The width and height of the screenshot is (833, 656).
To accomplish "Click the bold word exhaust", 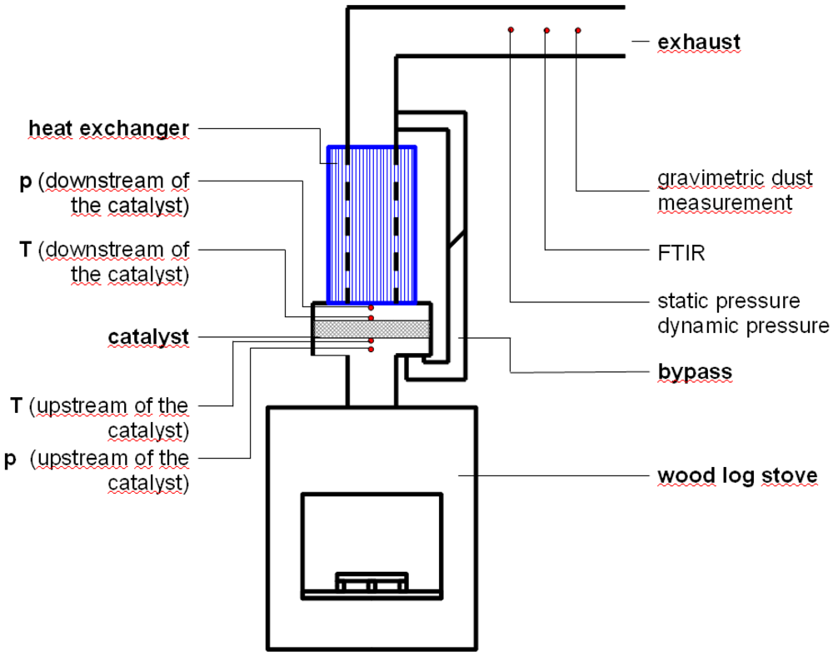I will pyautogui.click(x=698, y=42).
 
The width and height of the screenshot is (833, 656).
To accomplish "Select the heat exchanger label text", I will pyautogui.click(x=108, y=128).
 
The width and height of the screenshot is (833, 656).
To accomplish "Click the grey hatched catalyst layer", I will pyautogui.click(x=372, y=330).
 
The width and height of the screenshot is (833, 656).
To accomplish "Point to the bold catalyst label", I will pyautogui.click(x=148, y=337).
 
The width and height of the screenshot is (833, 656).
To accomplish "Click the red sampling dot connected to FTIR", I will pyautogui.click(x=546, y=31).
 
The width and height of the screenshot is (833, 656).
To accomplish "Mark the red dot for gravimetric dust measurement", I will pyautogui.click(x=577, y=31).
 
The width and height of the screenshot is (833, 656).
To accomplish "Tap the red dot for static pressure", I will pyautogui.click(x=511, y=30).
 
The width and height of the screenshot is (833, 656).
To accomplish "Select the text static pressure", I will pyautogui.click(x=728, y=301).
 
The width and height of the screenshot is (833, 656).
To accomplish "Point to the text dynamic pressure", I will pyautogui.click(x=743, y=326).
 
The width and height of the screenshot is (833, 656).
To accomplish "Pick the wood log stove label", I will pyautogui.click(x=737, y=476).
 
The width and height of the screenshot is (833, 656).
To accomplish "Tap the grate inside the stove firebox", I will pyautogui.click(x=372, y=581).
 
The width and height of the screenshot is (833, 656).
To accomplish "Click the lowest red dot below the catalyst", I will pyautogui.click(x=372, y=349).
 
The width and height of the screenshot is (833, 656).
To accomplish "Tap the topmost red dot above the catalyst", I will pyautogui.click(x=372, y=308).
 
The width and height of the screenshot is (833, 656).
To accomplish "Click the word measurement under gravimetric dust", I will pyautogui.click(x=724, y=202).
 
